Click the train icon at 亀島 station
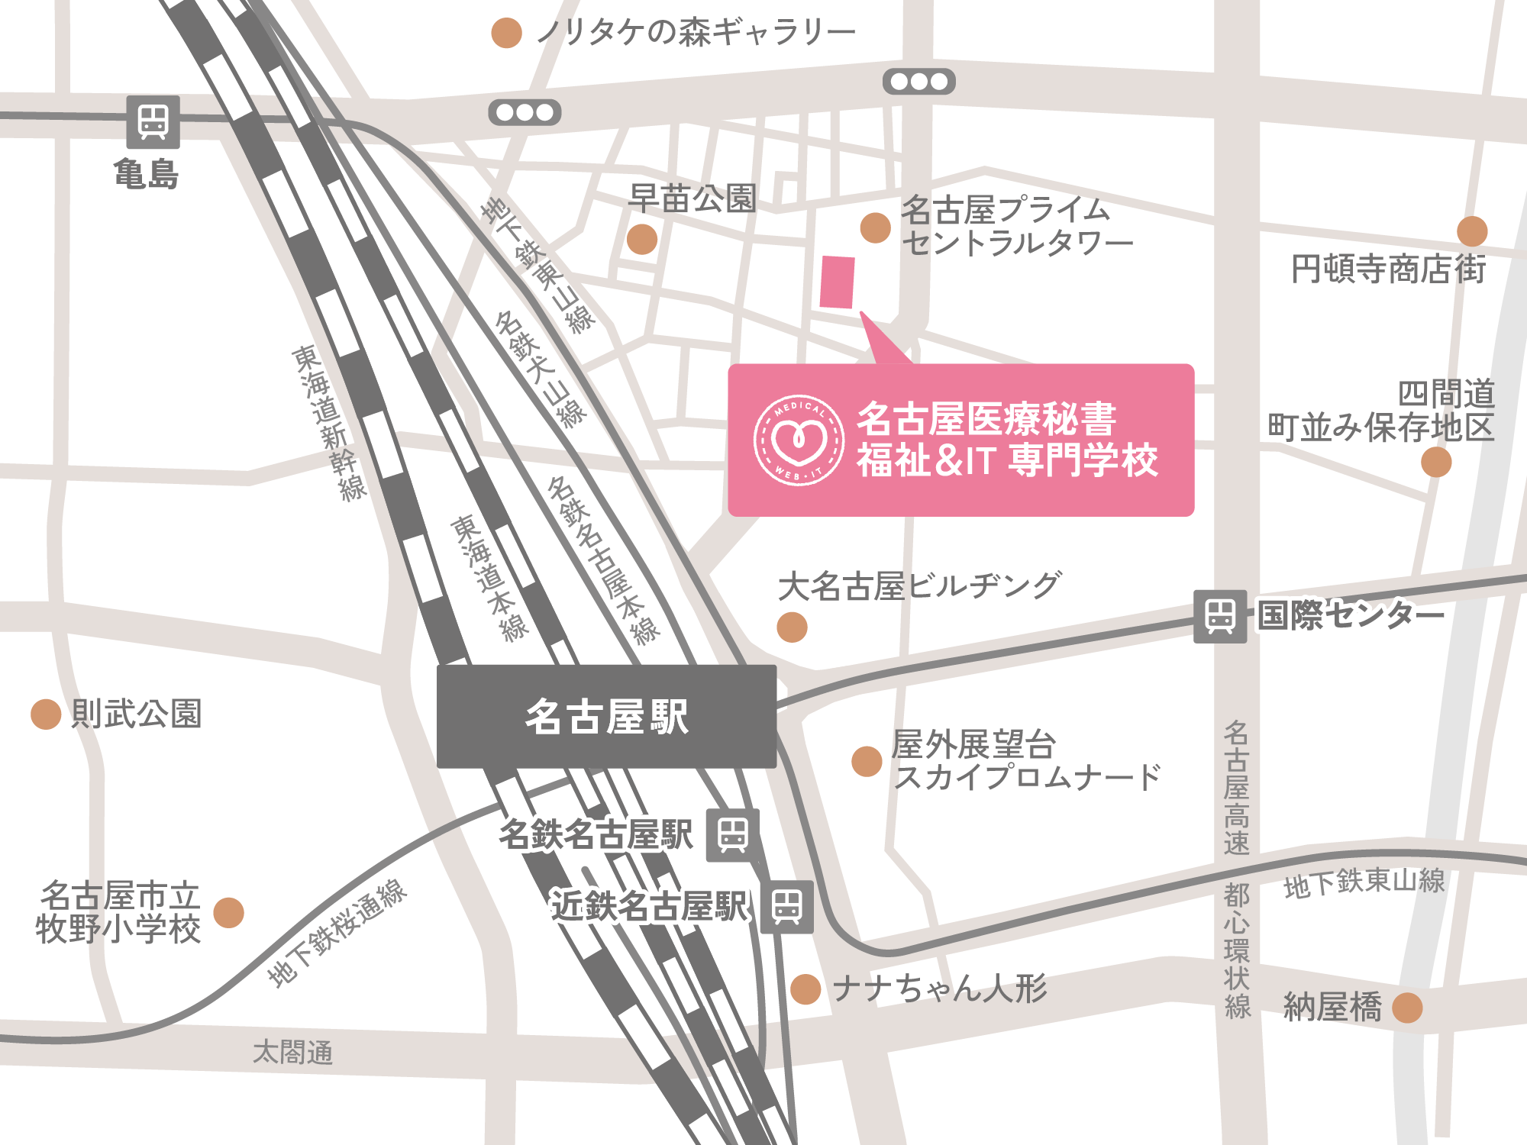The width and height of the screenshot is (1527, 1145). point(153,122)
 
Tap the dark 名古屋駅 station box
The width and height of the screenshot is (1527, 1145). point(606,716)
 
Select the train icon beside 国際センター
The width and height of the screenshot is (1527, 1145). point(1220,616)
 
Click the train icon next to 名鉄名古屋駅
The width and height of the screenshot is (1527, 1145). point(732,834)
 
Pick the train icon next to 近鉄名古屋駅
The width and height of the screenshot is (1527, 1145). point(786,907)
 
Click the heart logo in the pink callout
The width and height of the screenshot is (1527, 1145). point(799,440)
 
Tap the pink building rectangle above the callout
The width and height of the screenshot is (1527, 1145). point(837,282)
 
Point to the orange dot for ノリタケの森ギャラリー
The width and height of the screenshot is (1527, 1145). point(506,33)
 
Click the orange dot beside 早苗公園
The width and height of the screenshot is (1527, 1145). point(642,239)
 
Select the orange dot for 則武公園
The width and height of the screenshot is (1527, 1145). point(46,714)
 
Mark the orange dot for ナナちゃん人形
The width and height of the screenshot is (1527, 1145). point(805,989)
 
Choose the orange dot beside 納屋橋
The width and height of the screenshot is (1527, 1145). point(1407,1008)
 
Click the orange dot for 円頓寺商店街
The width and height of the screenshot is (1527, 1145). point(1472,231)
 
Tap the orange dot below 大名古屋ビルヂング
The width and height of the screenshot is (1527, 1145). point(792,627)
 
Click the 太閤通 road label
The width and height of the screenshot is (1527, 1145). point(293,1053)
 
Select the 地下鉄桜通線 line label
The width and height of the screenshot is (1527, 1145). point(337,933)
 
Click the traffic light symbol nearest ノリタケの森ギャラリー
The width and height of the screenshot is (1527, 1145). point(525,113)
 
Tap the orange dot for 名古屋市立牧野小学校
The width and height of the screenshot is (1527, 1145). point(228,912)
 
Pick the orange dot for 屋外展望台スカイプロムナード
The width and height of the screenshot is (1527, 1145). point(867,761)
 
